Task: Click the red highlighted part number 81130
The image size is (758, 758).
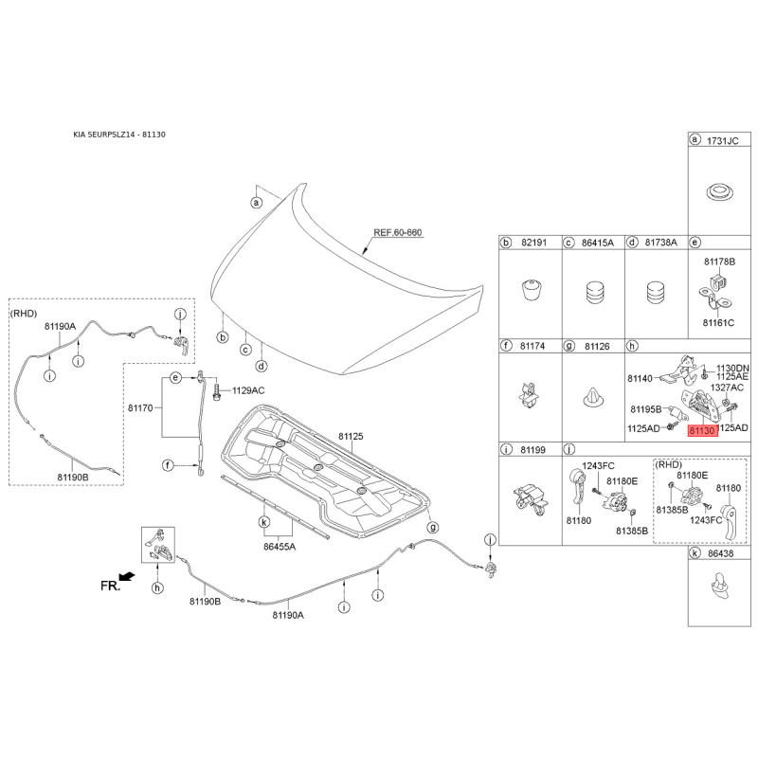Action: tap(701, 430)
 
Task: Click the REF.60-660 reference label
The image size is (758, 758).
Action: tap(396, 231)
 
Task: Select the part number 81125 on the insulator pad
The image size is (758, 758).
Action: tap(352, 437)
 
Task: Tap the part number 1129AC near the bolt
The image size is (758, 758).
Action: tap(248, 389)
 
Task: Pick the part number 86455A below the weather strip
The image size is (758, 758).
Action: tap(280, 547)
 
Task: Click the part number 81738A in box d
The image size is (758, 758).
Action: tap(660, 244)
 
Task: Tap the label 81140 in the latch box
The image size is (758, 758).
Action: tap(641, 378)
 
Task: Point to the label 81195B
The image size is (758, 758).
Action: tap(645, 409)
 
